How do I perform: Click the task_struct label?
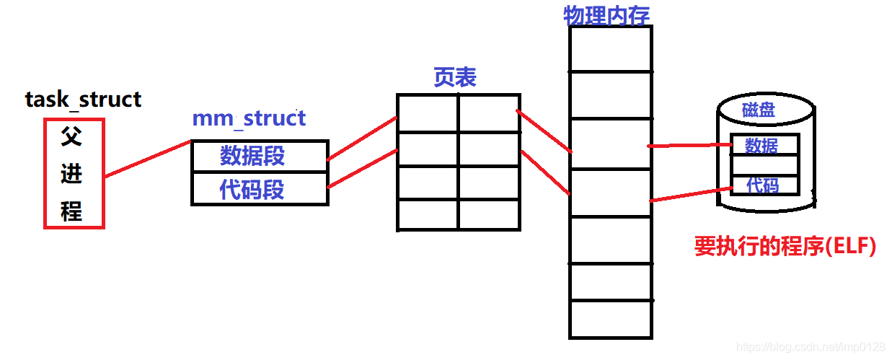83,100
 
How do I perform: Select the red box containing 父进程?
74,173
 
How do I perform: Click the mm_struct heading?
249,118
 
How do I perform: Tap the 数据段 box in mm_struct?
260,156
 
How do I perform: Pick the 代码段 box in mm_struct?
260,190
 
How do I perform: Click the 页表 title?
455,78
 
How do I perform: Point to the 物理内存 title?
606,14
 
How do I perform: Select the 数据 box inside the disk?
764,145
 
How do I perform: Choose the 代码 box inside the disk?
764,185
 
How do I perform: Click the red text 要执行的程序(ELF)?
785,247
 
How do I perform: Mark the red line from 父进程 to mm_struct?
148,159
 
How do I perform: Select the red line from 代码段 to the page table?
362,169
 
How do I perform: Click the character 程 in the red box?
71,211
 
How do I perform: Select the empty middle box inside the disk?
764,165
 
